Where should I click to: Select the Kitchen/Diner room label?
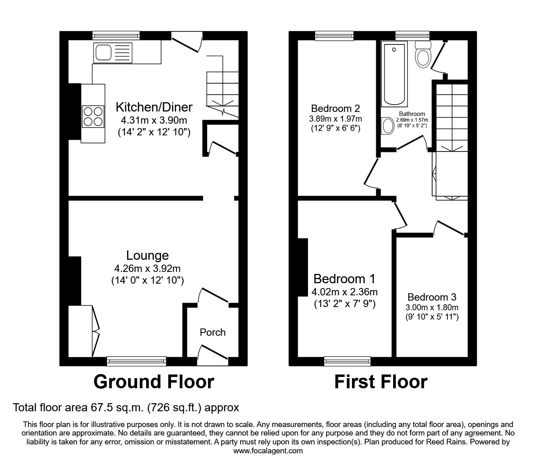pos(154,107)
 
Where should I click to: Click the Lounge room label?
pos(147,255)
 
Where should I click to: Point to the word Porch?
pos(212,332)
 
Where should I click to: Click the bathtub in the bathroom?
pos(394,74)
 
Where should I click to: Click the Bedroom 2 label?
pos(335,108)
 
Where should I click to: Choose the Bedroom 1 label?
pos(344,279)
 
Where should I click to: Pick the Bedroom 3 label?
pos(431,297)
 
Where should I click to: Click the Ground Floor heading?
pos(153,382)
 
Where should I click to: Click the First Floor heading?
pos(380,382)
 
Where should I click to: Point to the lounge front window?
pos(136,361)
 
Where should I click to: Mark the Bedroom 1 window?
pos(348,361)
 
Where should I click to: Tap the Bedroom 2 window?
pos(334,36)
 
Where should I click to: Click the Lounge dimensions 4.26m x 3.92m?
pos(147,268)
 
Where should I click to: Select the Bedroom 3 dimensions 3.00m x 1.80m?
pos(431,307)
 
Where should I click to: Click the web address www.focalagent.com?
pos(268,450)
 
